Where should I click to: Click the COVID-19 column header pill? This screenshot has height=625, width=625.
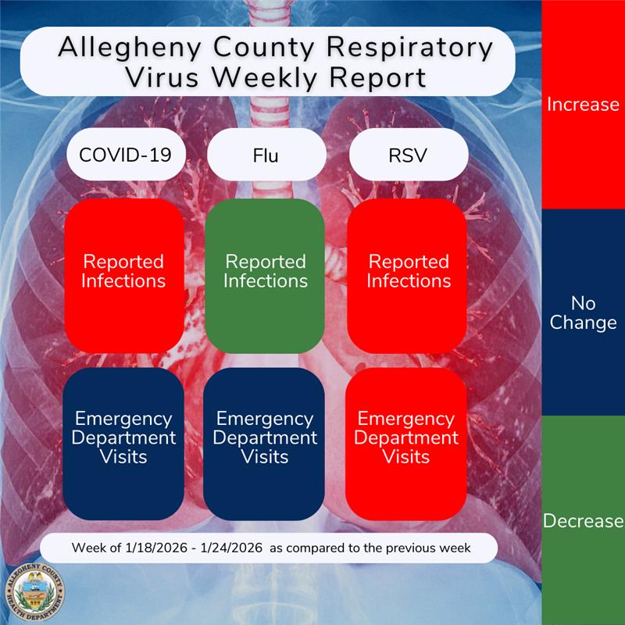tap(125, 155)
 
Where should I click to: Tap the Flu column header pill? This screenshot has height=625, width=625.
tap(266, 155)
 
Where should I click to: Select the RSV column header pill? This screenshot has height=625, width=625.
tap(408, 155)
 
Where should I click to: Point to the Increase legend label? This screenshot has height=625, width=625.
tap(583, 105)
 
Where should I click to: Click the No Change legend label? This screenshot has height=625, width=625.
tap(583, 312)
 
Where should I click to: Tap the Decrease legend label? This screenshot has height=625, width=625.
tap(583, 521)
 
